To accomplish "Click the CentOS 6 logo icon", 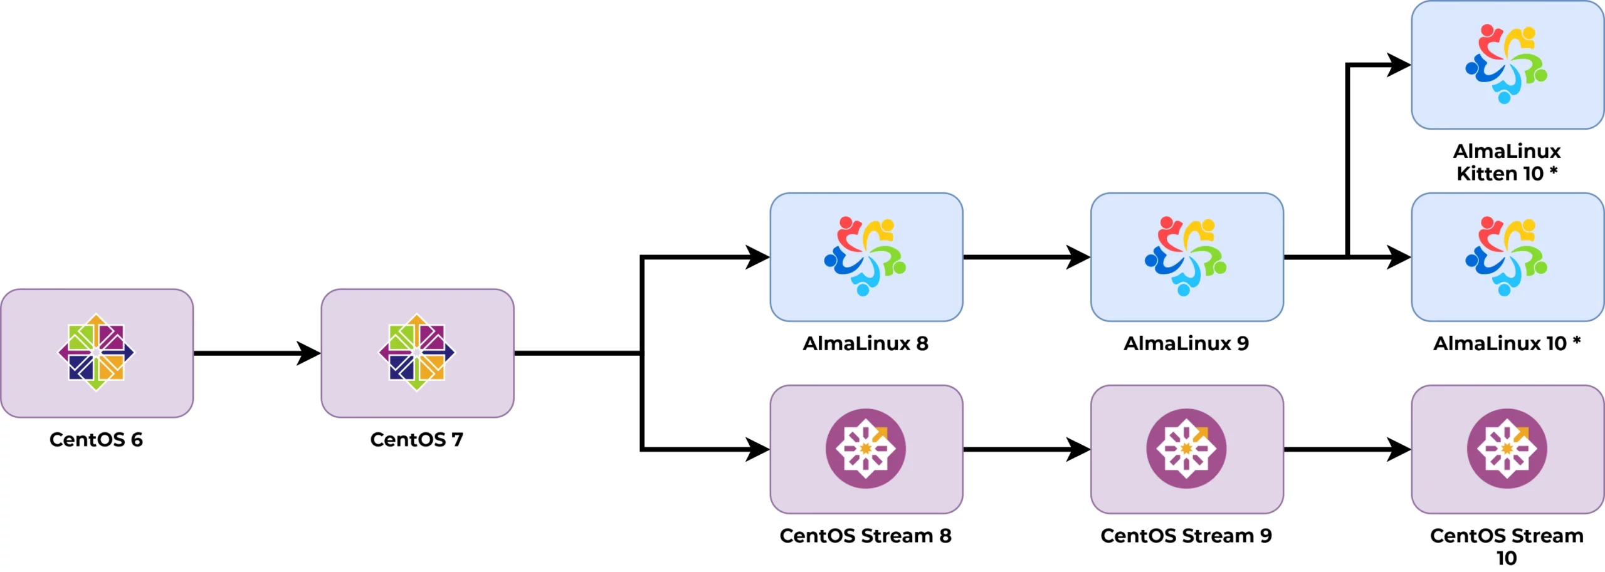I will (x=96, y=352).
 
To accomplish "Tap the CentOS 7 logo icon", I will (x=417, y=352).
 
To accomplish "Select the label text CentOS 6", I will (x=96, y=439).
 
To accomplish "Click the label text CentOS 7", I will (x=417, y=439).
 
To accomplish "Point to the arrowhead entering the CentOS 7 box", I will (x=309, y=353).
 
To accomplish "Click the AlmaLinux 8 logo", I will (x=865, y=256).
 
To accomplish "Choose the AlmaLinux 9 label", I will (x=1186, y=343).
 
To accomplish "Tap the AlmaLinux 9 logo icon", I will (x=1186, y=256).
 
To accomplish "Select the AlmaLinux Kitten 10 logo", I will (x=1507, y=64).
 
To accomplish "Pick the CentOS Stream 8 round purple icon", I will (x=865, y=449).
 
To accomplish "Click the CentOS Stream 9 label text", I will (x=1186, y=536).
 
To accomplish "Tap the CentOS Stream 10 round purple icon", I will (x=1507, y=449).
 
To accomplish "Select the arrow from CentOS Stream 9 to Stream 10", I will (x=1342, y=449).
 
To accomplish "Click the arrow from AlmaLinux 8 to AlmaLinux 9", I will (x=1022, y=257).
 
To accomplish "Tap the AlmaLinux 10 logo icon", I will (x=1507, y=256).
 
